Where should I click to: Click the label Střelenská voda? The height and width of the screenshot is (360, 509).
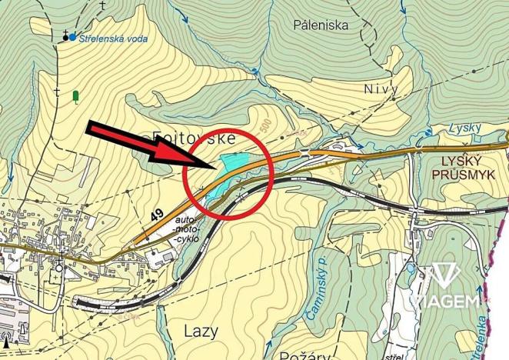pyautogui.click(x=113, y=36)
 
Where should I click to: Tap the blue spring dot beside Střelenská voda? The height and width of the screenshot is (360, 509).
pyautogui.click(x=72, y=36)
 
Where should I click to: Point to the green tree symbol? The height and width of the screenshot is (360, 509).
pyautogui.click(x=76, y=97)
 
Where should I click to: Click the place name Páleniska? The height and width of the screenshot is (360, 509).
pyautogui.click(x=321, y=25)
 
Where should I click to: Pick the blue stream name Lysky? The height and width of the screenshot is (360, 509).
pyautogui.click(x=465, y=128)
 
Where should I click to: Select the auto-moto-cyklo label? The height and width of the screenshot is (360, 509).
pyautogui.click(x=189, y=229)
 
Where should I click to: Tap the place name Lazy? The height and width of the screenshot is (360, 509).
pyautogui.click(x=201, y=331)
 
